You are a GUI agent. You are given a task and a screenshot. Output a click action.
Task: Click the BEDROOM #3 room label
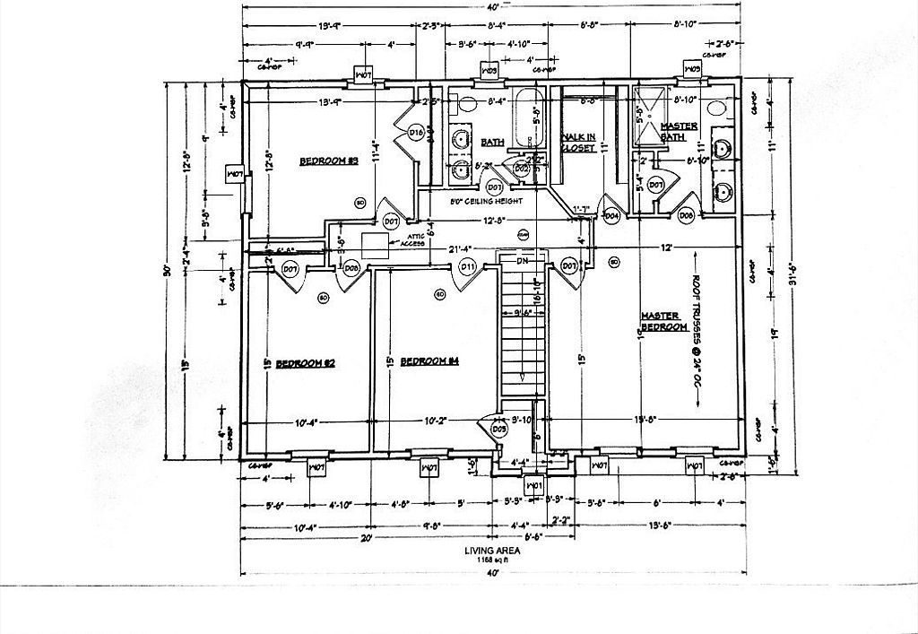click(328, 161)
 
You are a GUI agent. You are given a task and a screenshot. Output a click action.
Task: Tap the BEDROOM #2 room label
click(305, 363)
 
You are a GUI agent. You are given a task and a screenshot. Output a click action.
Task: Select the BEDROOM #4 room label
click(429, 361)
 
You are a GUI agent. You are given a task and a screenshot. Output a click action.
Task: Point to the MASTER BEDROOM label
click(663, 322)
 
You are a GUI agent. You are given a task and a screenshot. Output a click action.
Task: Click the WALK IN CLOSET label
click(578, 143)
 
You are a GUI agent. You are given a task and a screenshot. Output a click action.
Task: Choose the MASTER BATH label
click(680, 131)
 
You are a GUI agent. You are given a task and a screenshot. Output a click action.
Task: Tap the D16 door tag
click(415, 133)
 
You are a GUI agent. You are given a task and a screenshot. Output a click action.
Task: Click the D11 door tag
click(467, 266)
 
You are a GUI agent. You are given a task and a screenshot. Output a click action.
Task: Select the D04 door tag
click(612, 215)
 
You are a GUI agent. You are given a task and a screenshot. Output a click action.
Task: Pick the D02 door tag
click(521, 168)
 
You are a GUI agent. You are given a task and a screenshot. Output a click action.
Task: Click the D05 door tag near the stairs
click(499, 430)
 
